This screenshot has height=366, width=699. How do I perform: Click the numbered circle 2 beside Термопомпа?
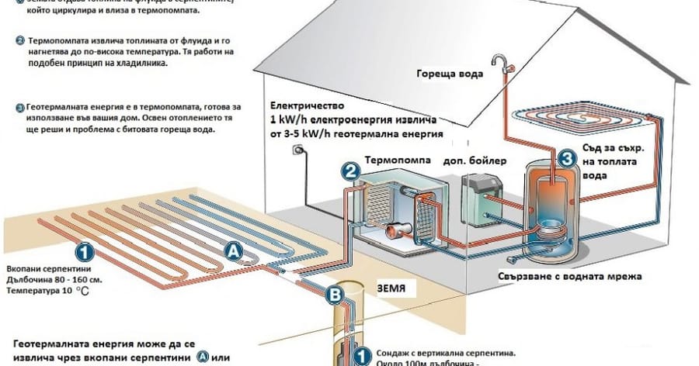[x=350, y=172]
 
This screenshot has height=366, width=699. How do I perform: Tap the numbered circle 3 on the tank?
[x=567, y=159]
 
